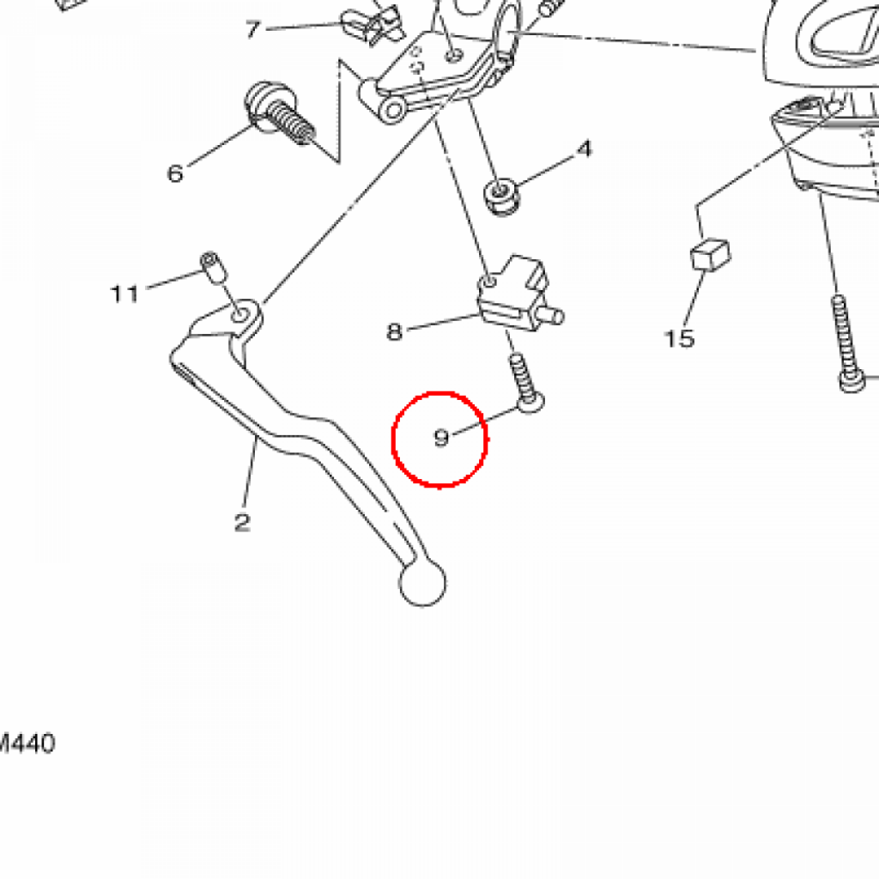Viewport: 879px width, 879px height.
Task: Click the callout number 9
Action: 442,437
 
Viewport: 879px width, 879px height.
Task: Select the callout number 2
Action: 242,523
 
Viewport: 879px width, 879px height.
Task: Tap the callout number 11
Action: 124,294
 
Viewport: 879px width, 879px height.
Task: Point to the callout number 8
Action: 395,332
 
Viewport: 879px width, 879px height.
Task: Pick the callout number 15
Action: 679,338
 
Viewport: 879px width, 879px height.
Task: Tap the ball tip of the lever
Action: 422,584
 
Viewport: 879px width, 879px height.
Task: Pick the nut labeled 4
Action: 500,197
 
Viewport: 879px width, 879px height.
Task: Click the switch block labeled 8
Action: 513,294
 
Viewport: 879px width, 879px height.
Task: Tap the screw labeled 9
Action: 526,384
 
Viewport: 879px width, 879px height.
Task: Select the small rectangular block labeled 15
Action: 710,255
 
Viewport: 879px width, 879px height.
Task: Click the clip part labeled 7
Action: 373,24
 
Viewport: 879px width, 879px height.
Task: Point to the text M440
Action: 27,744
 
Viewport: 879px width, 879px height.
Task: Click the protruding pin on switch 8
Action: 553,316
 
